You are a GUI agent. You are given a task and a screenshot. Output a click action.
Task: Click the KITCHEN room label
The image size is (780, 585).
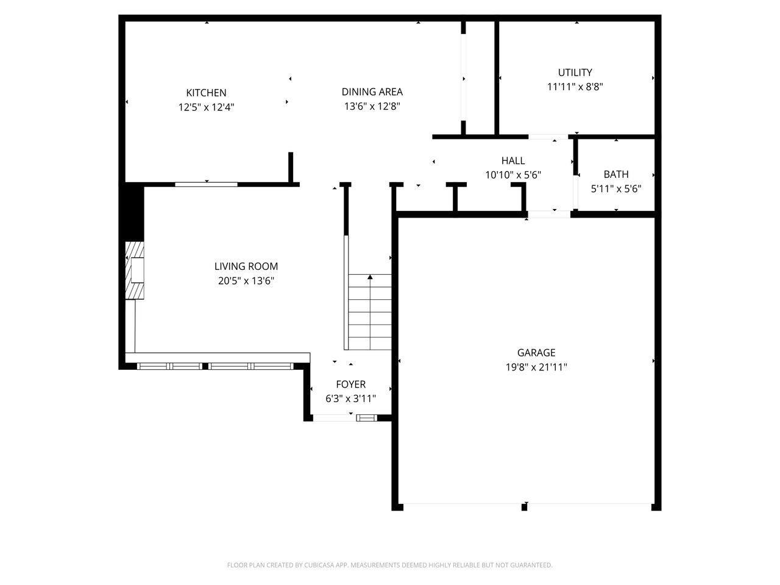point(206,93)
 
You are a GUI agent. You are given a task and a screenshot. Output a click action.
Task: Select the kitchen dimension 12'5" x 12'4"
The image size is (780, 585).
point(206,107)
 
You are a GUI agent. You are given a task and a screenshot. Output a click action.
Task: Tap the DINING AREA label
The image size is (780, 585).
point(372,92)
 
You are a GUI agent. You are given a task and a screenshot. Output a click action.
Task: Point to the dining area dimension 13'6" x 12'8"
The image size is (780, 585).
point(372,106)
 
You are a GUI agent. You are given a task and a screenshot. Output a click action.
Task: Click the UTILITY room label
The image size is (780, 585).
point(575,73)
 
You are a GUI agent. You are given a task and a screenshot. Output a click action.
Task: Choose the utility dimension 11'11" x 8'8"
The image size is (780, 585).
point(575,87)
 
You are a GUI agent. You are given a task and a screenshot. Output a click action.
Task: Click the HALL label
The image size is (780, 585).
point(512,161)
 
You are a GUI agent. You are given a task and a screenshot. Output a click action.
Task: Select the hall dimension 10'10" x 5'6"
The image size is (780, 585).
point(512,175)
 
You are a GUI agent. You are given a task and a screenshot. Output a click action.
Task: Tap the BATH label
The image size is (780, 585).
point(615,174)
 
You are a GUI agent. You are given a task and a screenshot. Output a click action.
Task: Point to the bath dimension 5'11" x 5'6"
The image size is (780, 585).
point(615,189)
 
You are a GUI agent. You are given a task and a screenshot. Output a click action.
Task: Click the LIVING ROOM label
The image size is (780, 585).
point(246,266)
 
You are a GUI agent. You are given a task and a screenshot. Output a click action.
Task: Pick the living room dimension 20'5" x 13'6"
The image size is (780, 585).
point(246,281)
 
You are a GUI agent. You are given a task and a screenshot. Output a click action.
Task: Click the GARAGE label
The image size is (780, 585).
point(536,353)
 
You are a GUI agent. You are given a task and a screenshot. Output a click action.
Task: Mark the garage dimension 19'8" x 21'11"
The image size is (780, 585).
point(536,367)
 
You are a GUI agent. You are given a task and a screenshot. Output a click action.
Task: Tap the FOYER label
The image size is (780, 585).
point(350,385)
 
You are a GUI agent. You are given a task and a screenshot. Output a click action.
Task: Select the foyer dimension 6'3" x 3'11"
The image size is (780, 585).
point(350,399)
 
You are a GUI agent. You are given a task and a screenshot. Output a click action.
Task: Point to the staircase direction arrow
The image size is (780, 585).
point(370,278)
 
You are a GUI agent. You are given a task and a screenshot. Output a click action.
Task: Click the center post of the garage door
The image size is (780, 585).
point(524,506)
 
